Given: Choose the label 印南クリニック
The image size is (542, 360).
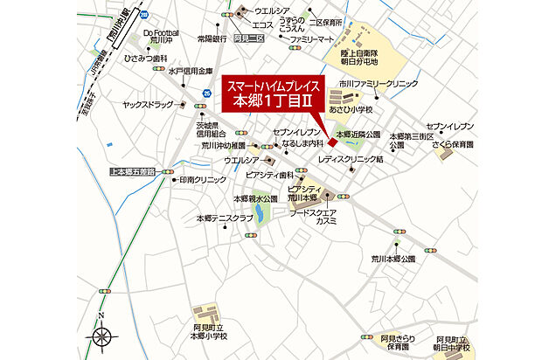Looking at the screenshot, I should pyautogui.click(x=203, y=179).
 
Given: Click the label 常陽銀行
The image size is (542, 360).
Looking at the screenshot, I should pyautogui.click(x=212, y=38).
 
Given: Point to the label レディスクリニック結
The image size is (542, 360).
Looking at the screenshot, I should pyautogui.click(x=351, y=161).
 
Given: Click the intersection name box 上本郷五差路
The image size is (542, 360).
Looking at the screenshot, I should pyautogui.click(x=133, y=173).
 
